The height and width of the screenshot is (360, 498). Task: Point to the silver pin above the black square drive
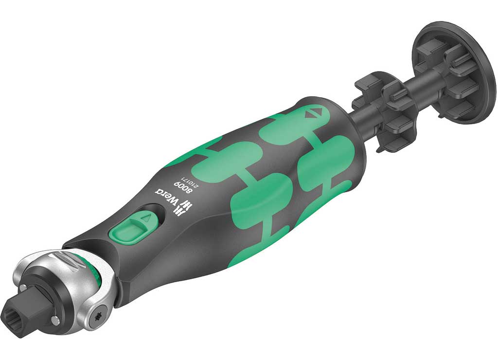point(23,288)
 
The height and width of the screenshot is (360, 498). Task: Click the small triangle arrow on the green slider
point(145,218)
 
